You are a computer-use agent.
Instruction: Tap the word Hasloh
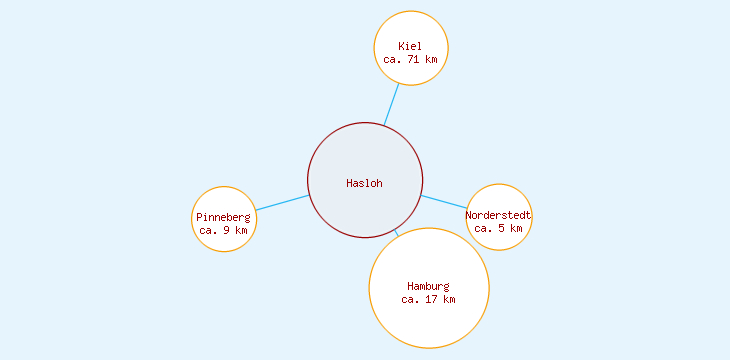(x=364, y=183)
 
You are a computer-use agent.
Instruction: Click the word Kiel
(x=410, y=46)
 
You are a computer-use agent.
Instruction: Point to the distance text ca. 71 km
(x=410, y=59)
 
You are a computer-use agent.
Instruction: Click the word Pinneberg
(x=223, y=217)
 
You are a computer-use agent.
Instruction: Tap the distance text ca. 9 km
(x=223, y=230)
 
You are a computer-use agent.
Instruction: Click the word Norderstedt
(x=498, y=215)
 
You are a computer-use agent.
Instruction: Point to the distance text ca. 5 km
(x=498, y=228)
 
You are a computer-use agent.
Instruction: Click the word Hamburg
(x=428, y=286)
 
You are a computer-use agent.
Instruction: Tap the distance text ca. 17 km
(x=428, y=299)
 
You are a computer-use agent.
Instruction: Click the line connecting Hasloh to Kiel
(x=391, y=104)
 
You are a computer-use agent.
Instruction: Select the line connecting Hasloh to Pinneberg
(x=282, y=203)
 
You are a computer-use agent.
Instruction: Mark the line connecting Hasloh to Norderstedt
(x=443, y=201)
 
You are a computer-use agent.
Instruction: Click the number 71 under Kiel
(x=413, y=59)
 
